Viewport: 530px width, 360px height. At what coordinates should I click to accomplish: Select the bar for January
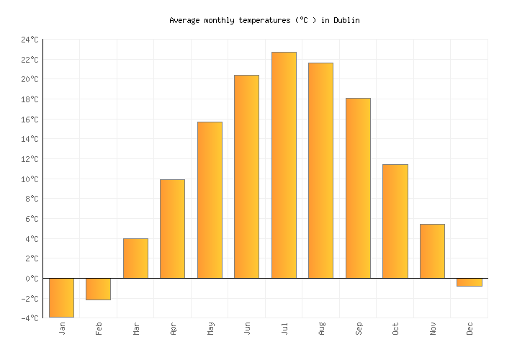61,297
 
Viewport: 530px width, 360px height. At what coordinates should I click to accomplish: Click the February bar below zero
98,289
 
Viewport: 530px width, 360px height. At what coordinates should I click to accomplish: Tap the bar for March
135,258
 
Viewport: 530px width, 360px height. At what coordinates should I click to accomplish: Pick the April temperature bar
172,228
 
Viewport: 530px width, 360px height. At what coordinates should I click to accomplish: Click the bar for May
210,199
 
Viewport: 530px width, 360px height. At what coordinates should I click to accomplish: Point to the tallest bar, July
284,165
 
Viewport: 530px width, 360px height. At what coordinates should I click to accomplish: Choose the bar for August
320,170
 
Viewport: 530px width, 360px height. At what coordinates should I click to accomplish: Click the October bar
395,221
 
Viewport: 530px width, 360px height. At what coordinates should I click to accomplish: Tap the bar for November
432,251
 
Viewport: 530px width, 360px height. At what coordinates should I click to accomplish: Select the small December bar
469,282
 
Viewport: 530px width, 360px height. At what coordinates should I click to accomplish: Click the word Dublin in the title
346,20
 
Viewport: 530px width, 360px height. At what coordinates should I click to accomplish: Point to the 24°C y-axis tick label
30,40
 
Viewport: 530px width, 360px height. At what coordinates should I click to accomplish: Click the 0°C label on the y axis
32,279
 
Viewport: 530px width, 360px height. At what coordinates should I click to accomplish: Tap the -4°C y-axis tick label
30,318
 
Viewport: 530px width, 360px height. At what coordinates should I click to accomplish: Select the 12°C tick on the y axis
30,159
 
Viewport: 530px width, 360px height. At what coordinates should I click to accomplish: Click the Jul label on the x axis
284,329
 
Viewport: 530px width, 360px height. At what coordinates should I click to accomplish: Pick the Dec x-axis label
470,329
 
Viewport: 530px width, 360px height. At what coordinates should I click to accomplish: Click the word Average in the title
184,20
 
